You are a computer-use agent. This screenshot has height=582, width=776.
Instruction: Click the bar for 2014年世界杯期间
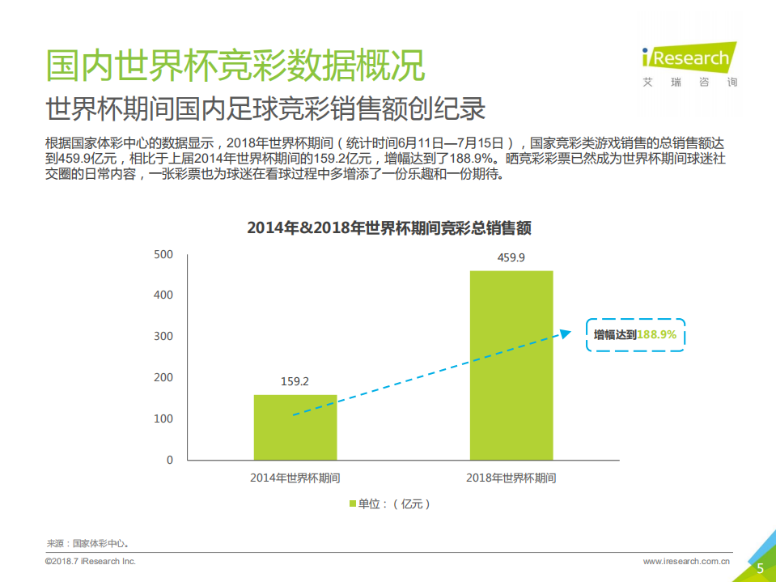pos(295,427)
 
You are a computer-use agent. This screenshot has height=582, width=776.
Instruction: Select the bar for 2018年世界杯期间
pos(511,365)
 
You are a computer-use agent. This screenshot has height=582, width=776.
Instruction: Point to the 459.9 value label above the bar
pos(511,258)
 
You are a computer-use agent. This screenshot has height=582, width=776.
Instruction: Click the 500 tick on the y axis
pos(163,254)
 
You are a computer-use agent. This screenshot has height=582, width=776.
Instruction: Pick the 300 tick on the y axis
pos(163,336)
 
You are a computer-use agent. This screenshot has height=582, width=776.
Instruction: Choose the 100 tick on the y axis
pos(163,418)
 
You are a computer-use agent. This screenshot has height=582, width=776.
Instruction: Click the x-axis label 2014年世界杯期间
pos(295,478)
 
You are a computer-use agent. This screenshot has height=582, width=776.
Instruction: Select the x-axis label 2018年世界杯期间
pos(511,478)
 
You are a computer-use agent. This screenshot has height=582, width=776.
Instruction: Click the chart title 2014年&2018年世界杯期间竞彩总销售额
pos(389,228)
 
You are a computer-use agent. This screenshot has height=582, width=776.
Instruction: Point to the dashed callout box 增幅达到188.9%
pos(635,335)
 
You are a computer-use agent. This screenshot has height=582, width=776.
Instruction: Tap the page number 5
pos(760,568)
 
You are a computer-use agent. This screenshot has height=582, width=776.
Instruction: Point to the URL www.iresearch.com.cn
pos(687,561)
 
